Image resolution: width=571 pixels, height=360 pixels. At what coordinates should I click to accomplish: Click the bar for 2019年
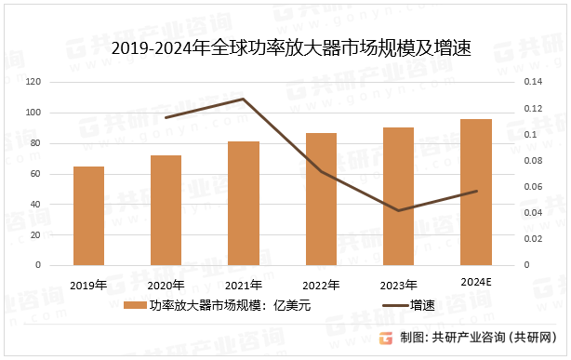[x=89, y=216]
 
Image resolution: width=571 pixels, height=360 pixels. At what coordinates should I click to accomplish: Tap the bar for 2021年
[x=244, y=203]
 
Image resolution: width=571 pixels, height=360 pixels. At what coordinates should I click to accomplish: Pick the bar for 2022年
[x=321, y=199]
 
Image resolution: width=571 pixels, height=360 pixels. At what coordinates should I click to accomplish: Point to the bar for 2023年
[x=398, y=196]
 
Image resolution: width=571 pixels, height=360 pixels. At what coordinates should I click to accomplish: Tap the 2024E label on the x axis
[x=475, y=280]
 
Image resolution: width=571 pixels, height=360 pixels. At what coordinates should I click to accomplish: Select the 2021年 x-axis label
[x=244, y=284]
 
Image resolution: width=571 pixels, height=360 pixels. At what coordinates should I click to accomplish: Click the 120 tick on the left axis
[x=33, y=83]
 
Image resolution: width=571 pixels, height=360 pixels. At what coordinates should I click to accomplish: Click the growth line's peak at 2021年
[x=244, y=99]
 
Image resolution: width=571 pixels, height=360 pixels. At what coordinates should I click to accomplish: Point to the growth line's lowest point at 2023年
[x=398, y=210]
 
